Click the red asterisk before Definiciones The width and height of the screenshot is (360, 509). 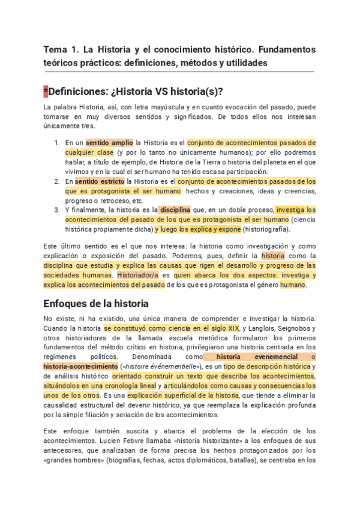point(46,91)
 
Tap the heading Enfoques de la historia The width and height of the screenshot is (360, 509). point(96,304)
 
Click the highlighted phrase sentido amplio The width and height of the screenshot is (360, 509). point(110,143)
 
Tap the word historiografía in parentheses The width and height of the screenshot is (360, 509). point(273,229)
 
